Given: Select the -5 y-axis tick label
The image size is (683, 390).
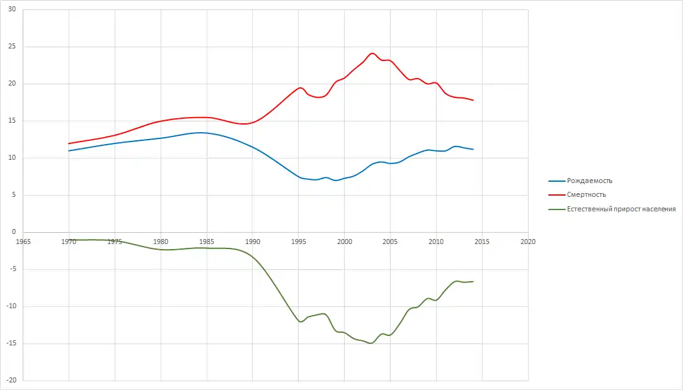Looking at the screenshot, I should click(x=11, y=269).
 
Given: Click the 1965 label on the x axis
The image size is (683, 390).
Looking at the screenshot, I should click(x=23, y=241).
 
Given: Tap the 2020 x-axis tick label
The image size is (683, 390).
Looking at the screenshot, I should click(x=528, y=241).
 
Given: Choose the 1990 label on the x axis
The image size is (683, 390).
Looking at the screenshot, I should click(x=253, y=241).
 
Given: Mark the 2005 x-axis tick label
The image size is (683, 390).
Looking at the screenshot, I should click(x=391, y=241).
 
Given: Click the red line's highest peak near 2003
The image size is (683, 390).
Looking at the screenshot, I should click(x=372, y=53).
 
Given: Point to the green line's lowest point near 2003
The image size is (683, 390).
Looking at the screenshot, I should click(x=370, y=343).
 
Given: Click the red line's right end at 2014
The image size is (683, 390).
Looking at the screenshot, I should click(x=473, y=100).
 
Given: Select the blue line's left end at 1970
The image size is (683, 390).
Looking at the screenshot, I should click(x=69, y=151).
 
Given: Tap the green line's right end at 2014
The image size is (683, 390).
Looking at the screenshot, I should click(x=473, y=281).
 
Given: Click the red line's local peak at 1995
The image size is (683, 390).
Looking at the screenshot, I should click(x=301, y=87).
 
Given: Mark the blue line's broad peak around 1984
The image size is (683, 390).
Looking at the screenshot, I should click(x=200, y=133).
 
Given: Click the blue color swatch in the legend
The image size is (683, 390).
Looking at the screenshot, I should click(x=557, y=181).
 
